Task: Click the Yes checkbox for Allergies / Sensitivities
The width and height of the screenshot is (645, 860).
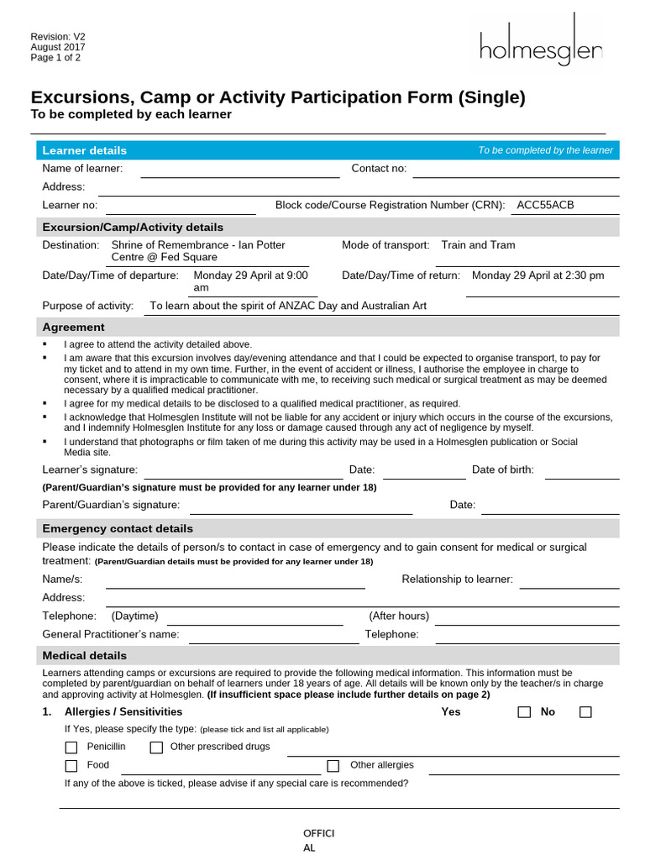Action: point(524,712)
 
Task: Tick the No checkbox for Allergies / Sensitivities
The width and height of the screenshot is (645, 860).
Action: point(585,712)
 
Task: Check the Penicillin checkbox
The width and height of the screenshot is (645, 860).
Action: point(71,747)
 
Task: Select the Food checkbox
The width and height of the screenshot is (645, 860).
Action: point(71,766)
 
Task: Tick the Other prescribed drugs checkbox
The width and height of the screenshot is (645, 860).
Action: point(156,747)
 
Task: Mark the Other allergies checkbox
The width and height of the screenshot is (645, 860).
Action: point(333,766)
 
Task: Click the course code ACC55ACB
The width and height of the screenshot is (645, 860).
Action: point(545,205)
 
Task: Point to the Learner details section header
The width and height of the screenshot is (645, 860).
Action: point(85,150)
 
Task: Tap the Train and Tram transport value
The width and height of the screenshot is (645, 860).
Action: point(478,245)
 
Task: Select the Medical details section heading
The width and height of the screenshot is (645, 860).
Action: point(85,656)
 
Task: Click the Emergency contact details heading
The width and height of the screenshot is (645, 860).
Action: point(118,528)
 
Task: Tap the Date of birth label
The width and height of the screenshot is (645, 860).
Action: point(502,470)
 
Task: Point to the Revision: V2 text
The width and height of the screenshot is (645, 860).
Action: point(58,37)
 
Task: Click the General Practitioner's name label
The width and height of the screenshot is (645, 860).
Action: point(111,635)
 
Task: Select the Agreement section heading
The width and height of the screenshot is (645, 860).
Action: point(73,328)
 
